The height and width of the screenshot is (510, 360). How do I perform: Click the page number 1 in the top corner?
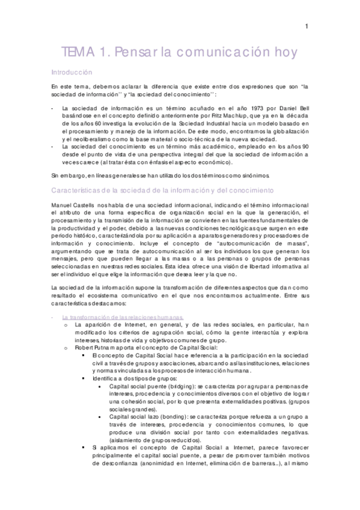(x=307, y=26)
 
